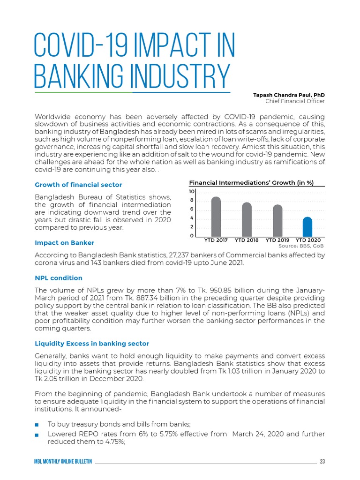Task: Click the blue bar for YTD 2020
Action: tap(307, 227)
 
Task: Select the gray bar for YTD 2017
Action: tap(216, 217)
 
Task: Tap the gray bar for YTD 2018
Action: tap(247, 219)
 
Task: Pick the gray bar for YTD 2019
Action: tap(277, 221)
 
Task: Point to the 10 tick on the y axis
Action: tap(192, 192)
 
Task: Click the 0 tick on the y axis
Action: tap(192, 236)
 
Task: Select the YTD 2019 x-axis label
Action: tap(277, 240)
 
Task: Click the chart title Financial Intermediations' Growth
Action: tap(251, 183)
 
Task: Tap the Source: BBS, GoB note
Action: tap(301, 246)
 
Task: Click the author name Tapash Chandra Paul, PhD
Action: tap(289, 95)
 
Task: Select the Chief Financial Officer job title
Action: tap(295, 101)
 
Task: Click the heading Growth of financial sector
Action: tap(79, 185)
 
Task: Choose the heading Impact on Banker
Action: tap(65, 243)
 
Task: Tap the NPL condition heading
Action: tap(59, 278)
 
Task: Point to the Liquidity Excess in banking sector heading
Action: tap(92, 344)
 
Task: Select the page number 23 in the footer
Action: tap(322, 462)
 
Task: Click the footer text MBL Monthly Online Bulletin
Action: tap(63, 462)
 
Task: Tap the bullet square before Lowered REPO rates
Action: tap(37, 435)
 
